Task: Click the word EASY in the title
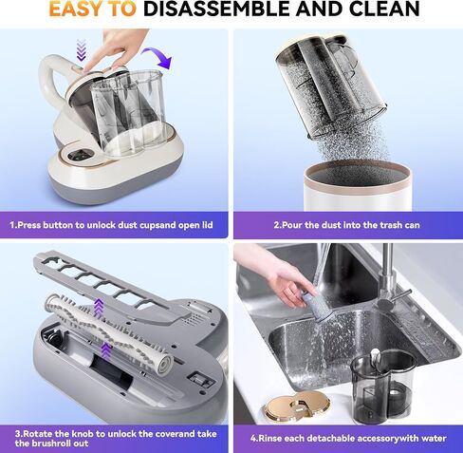(76, 9)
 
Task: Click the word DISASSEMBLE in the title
(217, 9)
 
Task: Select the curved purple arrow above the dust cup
(159, 56)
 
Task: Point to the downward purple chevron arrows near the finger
(82, 49)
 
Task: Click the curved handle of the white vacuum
(50, 79)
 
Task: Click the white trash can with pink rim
(358, 185)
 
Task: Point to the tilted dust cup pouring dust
(331, 85)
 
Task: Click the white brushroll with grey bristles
(108, 333)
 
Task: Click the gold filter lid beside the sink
(297, 406)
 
